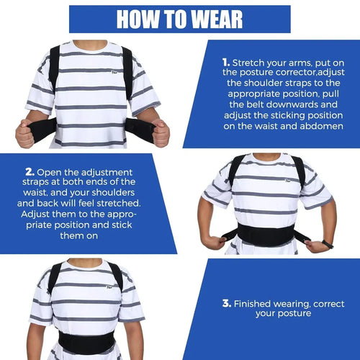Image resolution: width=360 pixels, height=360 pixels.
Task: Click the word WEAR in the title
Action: click(x=217, y=19)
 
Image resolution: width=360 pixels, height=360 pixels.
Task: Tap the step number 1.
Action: click(x=226, y=63)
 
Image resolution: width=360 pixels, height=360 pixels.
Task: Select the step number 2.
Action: click(x=30, y=172)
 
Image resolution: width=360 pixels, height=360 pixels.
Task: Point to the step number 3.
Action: click(x=227, y=303)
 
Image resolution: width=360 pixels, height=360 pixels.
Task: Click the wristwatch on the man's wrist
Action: click(x=328, y=244)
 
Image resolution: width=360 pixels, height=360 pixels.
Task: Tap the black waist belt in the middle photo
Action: click(x=266, y=235)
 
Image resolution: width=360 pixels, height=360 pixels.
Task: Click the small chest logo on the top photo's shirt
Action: click(x=114, y=71)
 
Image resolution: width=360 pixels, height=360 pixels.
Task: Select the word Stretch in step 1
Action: click(x=248, y=63)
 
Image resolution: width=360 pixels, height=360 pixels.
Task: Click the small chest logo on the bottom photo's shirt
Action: click(x=109, y=287)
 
